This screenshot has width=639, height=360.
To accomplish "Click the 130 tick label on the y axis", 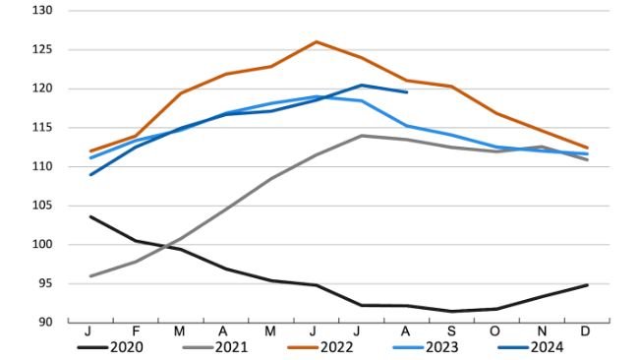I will coord(44,11).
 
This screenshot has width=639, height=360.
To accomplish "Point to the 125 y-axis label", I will coord(44,49).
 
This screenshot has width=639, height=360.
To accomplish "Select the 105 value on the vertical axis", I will coord(44,206).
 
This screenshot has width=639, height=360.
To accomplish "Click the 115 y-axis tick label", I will coord(44,128).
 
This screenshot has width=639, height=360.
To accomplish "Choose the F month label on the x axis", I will coord(136,332).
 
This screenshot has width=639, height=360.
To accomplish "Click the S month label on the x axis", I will coord(450,332).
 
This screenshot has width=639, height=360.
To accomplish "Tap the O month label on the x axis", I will coord(495,332).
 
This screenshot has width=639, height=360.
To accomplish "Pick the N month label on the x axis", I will coord(541,332).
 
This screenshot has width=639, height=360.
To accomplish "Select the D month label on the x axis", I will coord(585,332).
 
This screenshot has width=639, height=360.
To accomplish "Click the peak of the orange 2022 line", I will coord(316,41).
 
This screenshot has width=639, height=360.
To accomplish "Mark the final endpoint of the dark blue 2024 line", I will coord(406,92).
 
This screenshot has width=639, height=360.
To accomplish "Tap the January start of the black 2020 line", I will coord(90,216).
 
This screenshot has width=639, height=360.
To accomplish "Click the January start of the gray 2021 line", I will coord(90,276).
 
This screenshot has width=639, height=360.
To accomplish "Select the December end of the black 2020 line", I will coord(587,285).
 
